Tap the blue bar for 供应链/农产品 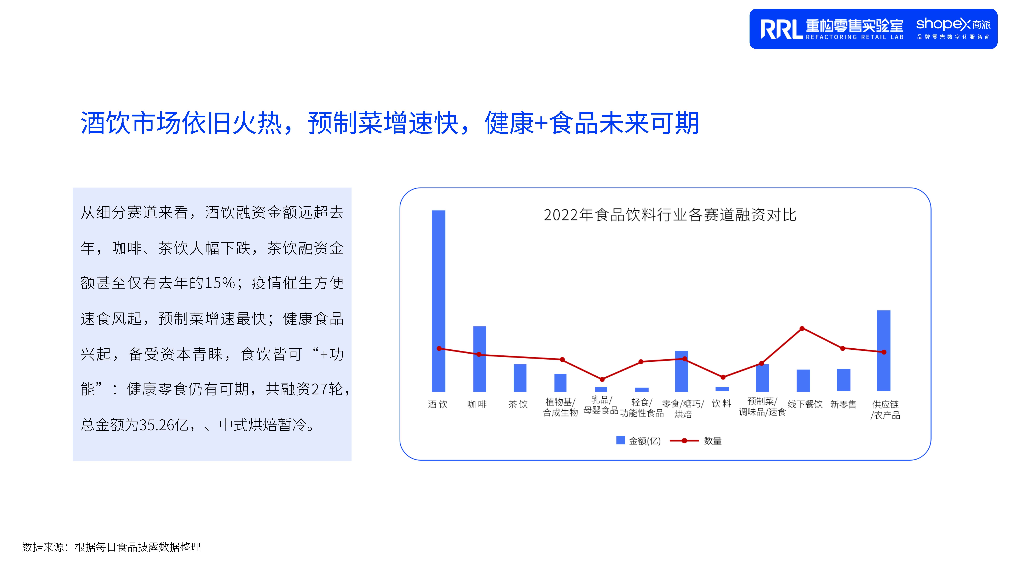(884, 350)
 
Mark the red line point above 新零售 (843, 348)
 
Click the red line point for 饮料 (723, 377)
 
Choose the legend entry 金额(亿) (639, 441)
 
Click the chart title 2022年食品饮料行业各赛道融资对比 (670, 215)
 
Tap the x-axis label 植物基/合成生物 (560, 407)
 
